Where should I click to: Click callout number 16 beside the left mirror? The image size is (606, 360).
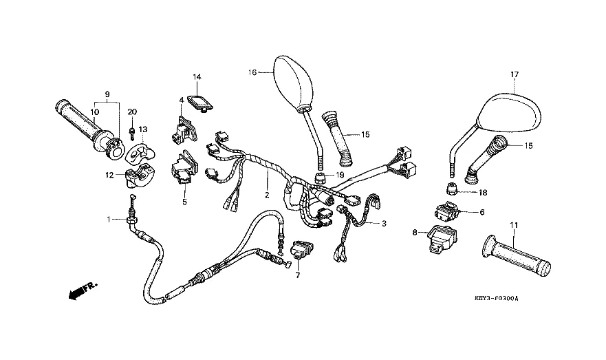coord(252,72)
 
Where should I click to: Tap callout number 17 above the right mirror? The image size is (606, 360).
coord(513,74)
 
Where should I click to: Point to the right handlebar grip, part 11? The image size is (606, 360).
coord(517,257)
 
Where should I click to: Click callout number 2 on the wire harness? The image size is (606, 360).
coord(266,195)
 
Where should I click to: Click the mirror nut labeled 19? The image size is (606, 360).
coord(319,176)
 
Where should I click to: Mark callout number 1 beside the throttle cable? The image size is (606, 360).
coord(108,219)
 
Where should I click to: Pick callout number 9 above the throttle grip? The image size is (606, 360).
coord(107,94)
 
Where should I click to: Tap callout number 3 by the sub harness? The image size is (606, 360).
coord(384,224)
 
